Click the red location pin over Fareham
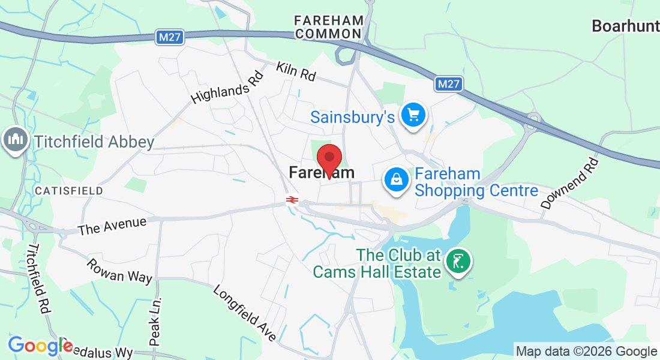pyautogui.click(x=329, y=159)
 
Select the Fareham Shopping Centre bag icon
pyautogui.click(x=397, y=179)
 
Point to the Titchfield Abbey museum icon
pyautogui.click(x=15, y=140)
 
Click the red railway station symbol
pyautogui.click(x=292, y=200)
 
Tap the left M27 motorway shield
pyautogui.click(x=169, y=37)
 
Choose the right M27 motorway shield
pyautogui.click(x=449, y=84)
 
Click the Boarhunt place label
pyautogui.click(x=625, y=26)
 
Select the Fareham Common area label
pyautogui.click(x=329, y=27)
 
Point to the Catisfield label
pyautogui.click(x=68, y=190)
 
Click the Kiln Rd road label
pyautogui.click(x=296, y=71)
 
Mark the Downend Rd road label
pyautogui.click(x=569, y=184)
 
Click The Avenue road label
pyautogui.click(x=112, y=226)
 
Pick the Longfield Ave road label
pyautogui.click(x=245, y=313)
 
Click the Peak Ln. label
pyautogui.click(x=155, y=323)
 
